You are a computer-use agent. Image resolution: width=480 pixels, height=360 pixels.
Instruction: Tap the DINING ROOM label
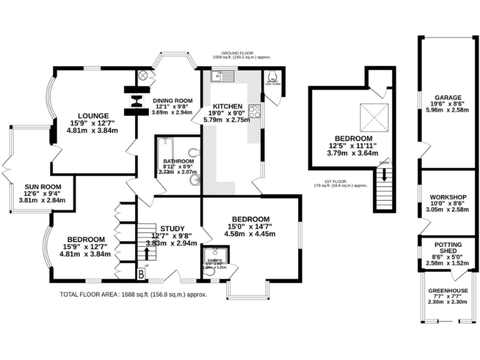[172, 101]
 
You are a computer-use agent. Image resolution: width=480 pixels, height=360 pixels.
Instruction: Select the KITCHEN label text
[222, 105]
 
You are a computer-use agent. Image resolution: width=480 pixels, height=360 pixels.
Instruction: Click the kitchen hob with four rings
[255, 111]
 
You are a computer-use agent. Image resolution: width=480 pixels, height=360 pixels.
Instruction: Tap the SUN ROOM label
[41, 186]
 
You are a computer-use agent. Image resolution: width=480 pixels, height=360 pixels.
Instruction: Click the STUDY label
[172, 227]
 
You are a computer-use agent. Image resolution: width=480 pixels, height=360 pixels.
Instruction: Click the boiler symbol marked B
[141, 273]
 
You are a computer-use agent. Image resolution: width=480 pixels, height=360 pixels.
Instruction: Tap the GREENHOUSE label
[447, 291]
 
